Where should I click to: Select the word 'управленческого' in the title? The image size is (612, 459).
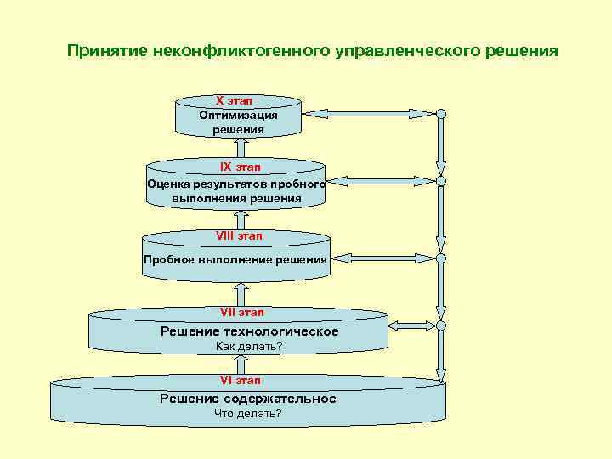(389, 52)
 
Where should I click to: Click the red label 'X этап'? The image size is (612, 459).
(239, 100)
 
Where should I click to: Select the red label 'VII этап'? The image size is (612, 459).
(240, 313)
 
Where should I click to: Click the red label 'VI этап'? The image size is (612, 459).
(240, 381)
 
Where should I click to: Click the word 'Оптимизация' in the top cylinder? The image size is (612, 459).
(239, 115)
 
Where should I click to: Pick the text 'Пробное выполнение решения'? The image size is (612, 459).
(235, 258)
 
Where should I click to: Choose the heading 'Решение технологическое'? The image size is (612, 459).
(250, 331)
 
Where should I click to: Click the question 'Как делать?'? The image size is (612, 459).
(248, 346)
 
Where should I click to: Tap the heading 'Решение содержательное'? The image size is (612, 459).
(248, 399)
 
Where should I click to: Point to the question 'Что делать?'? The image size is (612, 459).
(248, 414)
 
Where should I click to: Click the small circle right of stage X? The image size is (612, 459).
(441, 113)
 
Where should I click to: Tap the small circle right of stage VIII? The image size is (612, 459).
(441, 258)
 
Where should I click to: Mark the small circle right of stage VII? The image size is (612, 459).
(441, 325)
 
